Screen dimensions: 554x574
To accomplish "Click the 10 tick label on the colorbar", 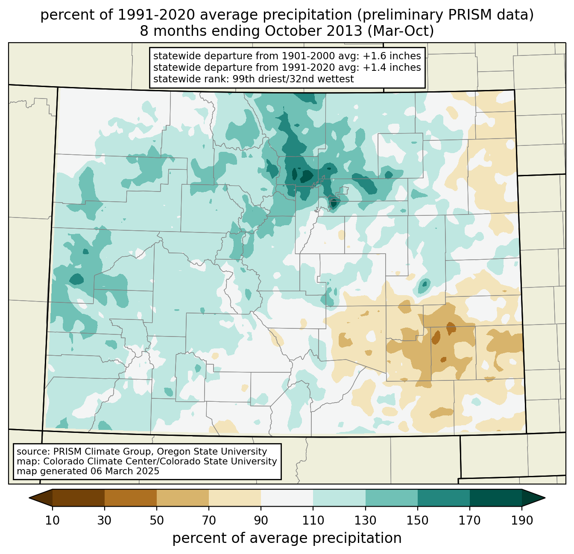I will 53,521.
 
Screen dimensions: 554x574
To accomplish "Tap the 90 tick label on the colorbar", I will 261,521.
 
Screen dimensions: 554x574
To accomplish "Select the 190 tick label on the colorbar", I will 522,521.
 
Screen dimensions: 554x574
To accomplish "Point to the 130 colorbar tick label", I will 366,521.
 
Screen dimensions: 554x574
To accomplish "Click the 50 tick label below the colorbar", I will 157,521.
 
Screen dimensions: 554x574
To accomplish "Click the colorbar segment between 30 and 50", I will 131,498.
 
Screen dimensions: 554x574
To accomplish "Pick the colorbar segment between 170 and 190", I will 496,498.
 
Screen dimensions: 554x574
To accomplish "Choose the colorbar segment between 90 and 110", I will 287,498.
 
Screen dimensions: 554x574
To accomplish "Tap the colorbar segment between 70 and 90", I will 235,498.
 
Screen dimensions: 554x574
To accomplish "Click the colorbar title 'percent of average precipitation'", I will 287,538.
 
